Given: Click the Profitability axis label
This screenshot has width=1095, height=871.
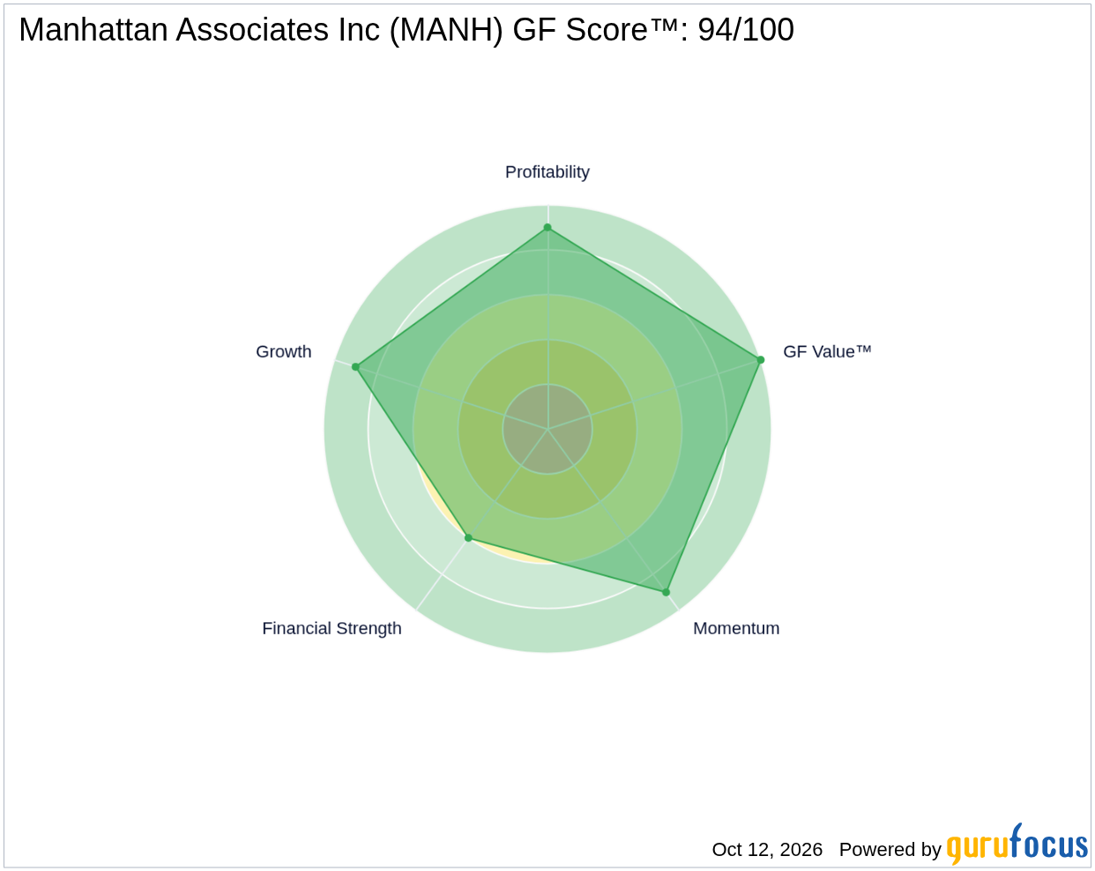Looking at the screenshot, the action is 547,172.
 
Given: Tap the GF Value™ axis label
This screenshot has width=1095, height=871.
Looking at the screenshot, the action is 827,352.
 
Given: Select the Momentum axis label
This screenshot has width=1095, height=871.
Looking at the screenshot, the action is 736,628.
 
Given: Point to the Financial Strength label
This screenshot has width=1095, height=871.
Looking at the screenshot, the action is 331,629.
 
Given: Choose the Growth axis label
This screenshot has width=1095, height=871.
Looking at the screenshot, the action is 283,352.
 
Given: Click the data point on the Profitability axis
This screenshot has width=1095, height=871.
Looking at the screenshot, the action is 547,227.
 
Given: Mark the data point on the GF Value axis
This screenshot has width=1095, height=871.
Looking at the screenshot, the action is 761,360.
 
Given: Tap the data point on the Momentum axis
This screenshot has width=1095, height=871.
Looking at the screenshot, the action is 666,592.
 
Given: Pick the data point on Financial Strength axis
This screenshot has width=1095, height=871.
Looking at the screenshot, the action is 469,538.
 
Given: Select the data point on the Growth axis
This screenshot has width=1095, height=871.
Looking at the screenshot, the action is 355,367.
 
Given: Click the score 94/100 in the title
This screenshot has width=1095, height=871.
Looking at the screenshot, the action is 746,29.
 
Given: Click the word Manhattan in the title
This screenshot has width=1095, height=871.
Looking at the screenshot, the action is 93,29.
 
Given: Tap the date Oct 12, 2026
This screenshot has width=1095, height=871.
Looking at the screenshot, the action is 767,849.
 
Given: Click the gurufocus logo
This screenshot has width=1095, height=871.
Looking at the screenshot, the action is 1017,844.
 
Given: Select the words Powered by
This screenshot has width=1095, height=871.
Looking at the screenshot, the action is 890,850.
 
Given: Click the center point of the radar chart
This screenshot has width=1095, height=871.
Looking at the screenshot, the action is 547,428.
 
